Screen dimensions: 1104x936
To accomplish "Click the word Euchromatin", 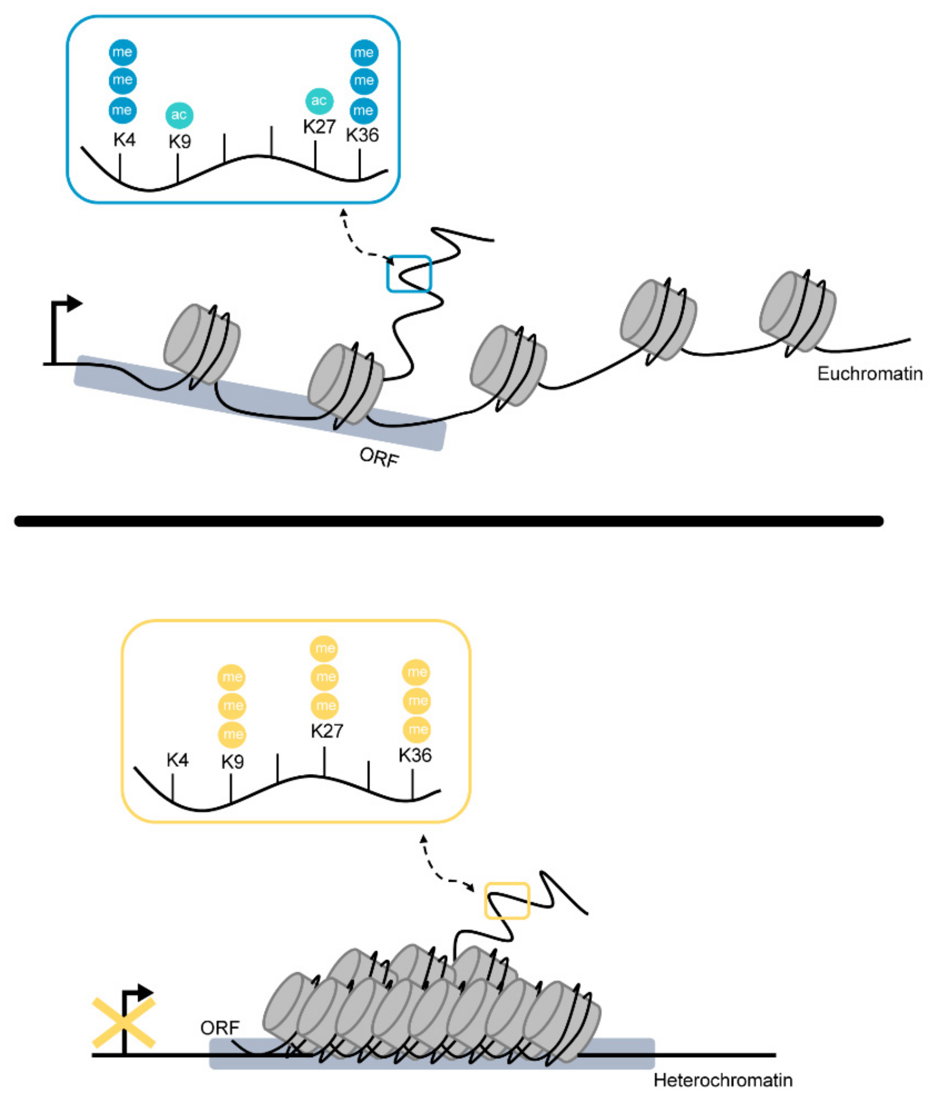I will tap(869, 374).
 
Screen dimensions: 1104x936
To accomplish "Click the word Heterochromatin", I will tap(723, 1080).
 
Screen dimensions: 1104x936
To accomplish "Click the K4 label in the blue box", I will tap(125, 140).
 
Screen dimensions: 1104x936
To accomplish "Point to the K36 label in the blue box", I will tap(362, 135).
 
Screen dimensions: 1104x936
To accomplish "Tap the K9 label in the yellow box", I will tap(232, 762).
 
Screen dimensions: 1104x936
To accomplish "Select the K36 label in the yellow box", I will tap(415, 755).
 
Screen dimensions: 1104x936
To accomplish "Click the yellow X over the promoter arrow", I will tap(124, 1023).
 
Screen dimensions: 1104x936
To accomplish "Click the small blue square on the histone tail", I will tap(409, 274).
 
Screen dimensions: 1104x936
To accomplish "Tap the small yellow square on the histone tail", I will tap(507, 900).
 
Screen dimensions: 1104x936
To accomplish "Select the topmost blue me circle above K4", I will tap(123, 52).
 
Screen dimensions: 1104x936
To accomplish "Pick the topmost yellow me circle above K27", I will tap(324, 648).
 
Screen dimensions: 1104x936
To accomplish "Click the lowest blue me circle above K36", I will tap(363, 111).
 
